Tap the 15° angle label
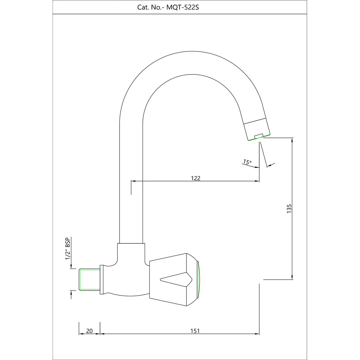pyautogui.click(x=247, y=162)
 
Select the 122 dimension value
pyautogui.click(x=195, y=178)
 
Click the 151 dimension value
pyautogui.click(x=194, y=331)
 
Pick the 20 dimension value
pyautogui.click(x=89, y=331)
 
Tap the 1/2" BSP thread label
pyautogui.click(x=67, y=249)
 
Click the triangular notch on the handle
pyautogui.click(x=176, y=279)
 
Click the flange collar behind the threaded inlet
pyautogui.click(x=102, y=279)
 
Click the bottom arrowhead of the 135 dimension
pyautogui.click(x=292, y=276)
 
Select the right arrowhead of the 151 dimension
pyautogui.click(x=257, y=334)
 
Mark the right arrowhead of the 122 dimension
pyautogui.click(x=257, y=181)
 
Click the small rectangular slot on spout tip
pyautogui.click(x=258, y=136)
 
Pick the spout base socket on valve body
pyautogui.click(x=131, y=248)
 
